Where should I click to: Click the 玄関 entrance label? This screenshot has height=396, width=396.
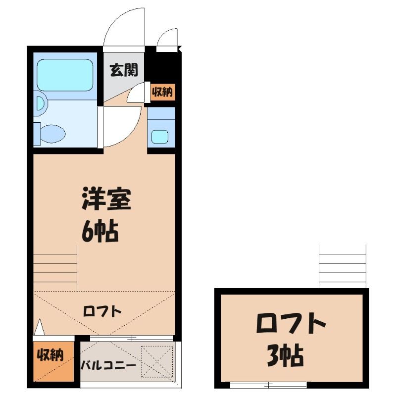tap(124, 70)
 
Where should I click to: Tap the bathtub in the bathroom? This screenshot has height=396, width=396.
tap(65, 75)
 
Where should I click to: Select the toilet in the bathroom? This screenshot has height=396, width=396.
tap(49, 134)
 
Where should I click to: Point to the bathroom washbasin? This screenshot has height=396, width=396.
tap(41, 103)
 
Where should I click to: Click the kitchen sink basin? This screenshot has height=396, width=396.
tap(159, 137)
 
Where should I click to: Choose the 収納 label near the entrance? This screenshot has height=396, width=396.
tap(162, 92)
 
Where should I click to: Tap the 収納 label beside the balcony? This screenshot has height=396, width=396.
tap(50, 355)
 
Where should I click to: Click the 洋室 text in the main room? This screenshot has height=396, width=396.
tap(106, 199)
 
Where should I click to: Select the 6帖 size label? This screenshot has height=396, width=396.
tap(100, 231)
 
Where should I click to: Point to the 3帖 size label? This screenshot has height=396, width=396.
tap(285, 355)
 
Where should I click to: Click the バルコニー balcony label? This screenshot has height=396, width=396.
tap(108, 365)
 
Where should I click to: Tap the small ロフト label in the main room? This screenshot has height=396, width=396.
tap(102, 311)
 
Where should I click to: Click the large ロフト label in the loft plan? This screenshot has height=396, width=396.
tap(291, 323)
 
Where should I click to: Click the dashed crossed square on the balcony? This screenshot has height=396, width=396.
tap(157, 362)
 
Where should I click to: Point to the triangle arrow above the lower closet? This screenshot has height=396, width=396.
tap(39, 327)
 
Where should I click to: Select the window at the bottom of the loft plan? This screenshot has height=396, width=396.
tap(268, 385)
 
